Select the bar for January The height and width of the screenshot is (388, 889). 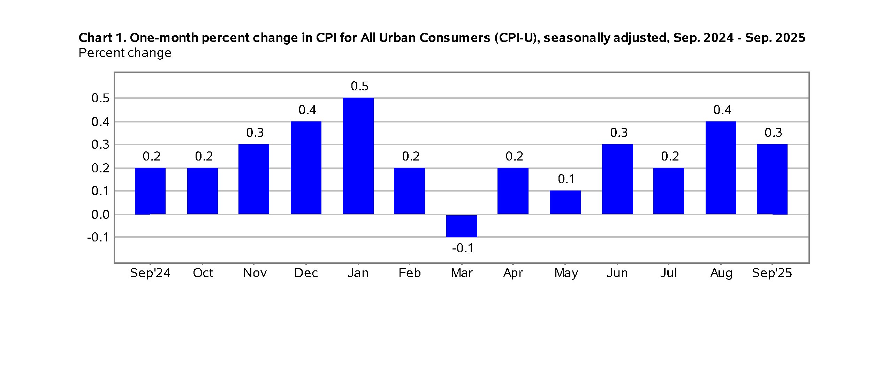[x=358, y=156]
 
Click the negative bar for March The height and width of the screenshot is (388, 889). [x=462, y=226]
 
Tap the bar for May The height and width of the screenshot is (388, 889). [x=565, y=202]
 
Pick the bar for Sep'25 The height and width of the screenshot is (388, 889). [x=772, y=179]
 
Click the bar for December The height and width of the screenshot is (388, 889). [x=306, y=167]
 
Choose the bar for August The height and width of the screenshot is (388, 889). [x=721, y=167]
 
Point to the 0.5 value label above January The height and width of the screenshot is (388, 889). [x=359, y=86]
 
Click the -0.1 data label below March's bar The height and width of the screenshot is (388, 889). [x=463, y=248]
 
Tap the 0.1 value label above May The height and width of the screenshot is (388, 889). [x=566, y=179]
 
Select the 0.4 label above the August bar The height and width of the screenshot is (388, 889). [x=722, y=110]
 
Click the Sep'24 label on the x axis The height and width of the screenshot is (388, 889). [x=150, y=273]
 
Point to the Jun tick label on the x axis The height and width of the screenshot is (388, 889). [x=617, y=273]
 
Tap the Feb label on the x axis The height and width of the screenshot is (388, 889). [x=409, y=273]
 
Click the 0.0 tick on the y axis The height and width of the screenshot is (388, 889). [x=100, y=215]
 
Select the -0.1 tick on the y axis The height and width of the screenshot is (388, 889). [x=98, y=238]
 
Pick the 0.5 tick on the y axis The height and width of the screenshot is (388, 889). [x=100, y=98]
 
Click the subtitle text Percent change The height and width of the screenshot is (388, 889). [x=125, y=53]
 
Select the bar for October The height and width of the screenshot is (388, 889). [x=202, y=191]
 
